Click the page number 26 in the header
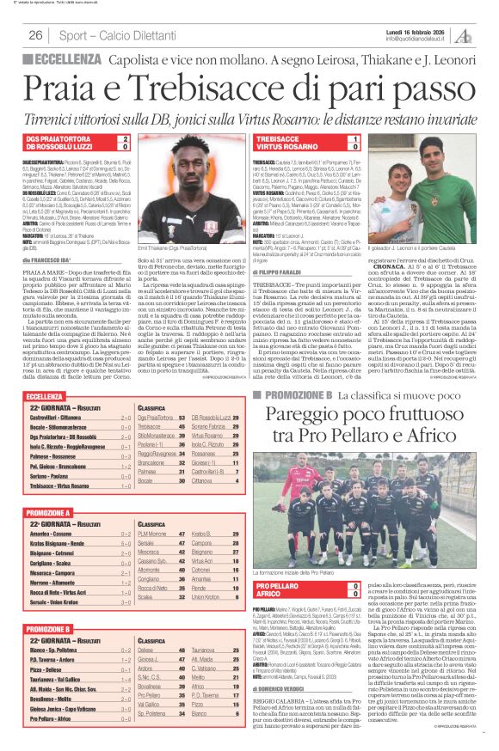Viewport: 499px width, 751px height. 36,35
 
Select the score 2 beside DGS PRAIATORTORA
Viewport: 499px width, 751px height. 126,137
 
